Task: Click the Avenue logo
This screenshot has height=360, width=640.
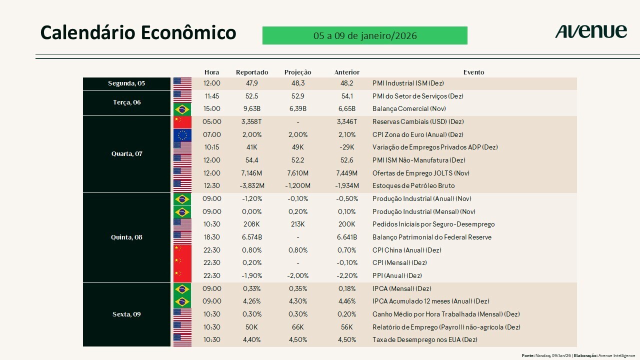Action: click(590, 32)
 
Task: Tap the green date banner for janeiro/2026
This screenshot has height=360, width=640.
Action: click(364, 35)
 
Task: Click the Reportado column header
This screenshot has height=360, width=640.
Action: click(252, 72)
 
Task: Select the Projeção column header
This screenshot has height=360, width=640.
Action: click(297, 72)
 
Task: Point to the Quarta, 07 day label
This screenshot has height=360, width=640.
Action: click(126, 154)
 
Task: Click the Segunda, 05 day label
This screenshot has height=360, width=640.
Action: click(126, 83)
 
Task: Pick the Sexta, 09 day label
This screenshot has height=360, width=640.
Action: click(126, 314)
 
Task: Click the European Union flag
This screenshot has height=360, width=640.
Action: click(182, 134)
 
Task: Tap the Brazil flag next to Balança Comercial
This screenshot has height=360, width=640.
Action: click(182, 109)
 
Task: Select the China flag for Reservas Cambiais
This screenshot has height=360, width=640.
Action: click(182, 121)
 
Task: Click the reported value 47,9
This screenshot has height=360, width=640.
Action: click(251, 83)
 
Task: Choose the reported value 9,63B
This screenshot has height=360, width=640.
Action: click(251, 109)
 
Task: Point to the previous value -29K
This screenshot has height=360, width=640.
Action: click(346, 147)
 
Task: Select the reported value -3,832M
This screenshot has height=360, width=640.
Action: click(252, 186)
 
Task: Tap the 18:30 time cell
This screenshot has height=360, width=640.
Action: click(212, 237)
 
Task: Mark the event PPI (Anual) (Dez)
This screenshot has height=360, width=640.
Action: click(397, 275)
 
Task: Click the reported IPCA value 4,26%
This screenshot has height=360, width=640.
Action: click(251, 301)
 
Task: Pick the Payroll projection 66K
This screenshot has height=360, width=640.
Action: click(297, 327)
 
